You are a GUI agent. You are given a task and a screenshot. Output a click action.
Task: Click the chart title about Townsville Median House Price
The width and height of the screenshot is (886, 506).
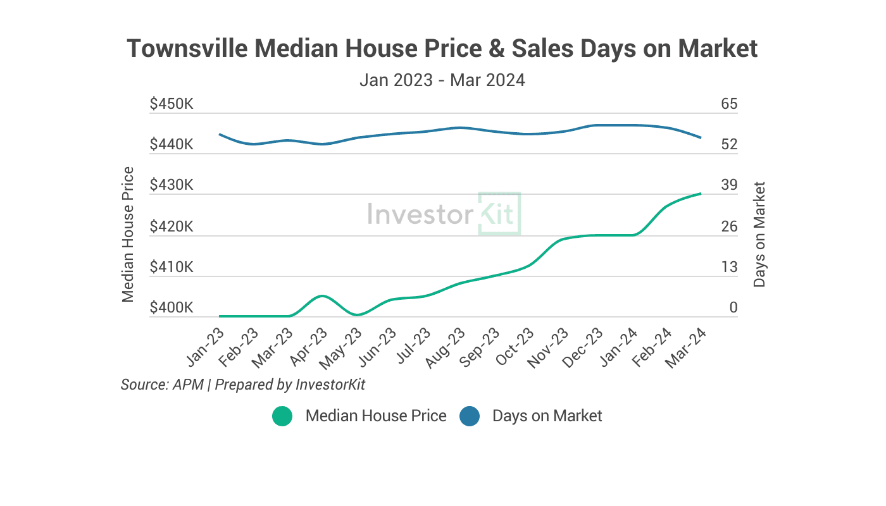[x=442, y=49]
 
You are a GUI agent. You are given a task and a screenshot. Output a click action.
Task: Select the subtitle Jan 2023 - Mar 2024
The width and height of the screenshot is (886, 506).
[x=442, y=80]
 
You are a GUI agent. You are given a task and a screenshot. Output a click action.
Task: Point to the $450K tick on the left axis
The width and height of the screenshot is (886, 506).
[x=172, y=104]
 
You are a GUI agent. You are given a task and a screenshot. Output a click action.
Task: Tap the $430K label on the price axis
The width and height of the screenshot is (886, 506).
[x=172, y=185]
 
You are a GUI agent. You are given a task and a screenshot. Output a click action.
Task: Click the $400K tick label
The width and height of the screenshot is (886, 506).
[x=172, y=308]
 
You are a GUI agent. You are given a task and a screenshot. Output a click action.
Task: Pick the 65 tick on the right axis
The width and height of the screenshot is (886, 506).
[x=729, y=104]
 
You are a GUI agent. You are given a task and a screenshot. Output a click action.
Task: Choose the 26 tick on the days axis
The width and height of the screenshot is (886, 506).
[x=729, y=226]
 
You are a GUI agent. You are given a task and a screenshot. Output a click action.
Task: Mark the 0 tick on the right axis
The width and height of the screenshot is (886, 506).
[x=733, y=308]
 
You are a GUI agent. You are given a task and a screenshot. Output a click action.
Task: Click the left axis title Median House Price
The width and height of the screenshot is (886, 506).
[x=128, y=234]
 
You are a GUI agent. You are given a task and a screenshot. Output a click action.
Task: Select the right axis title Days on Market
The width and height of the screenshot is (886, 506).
[x=759, y=235]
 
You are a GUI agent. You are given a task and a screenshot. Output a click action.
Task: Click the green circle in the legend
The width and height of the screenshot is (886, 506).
[x=282, y=416]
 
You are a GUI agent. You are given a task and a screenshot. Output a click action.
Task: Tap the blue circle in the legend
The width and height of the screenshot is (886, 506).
[x=470, y=416]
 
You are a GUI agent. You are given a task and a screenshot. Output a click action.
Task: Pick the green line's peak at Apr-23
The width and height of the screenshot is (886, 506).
[x=322, y=296]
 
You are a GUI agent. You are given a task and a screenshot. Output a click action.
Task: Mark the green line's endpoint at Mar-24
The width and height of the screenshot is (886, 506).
[x=701, y=194]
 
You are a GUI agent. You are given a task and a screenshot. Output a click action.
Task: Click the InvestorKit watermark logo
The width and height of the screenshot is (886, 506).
[x=444, y=214]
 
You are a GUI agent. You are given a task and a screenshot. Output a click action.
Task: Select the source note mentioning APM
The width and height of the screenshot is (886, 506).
[x=243, y=385]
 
